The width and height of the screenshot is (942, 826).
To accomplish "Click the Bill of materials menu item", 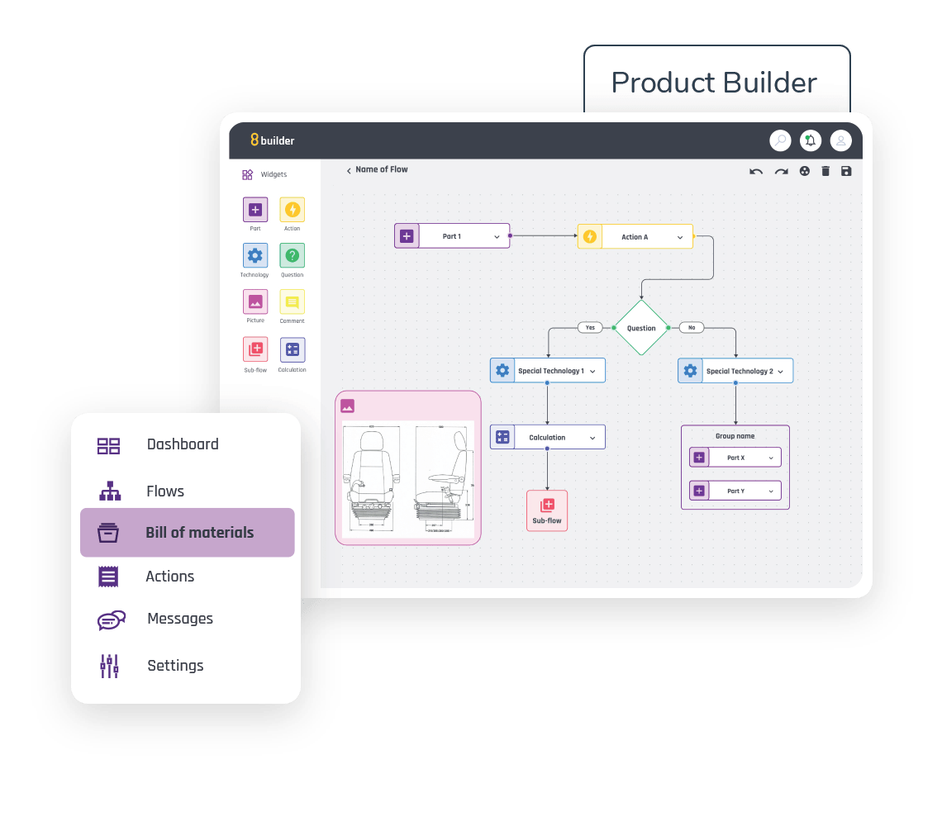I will pyautogui.click(x=188, y=533).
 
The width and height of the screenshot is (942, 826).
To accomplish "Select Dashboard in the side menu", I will pyautogui.click(x=182, y=444).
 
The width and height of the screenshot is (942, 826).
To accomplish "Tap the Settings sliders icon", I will pyautogui.click(x=109, y=666).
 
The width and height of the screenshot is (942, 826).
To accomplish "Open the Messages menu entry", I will pyautogui.click(x=179, y=619).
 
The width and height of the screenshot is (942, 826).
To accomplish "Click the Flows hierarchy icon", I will pyautogui.click(x=110, y=491).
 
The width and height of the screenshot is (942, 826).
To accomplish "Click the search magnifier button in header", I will pyautogui.click(x=780, y=140).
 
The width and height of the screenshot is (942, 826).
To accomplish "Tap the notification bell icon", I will pyautogui.click(x=810, y=140).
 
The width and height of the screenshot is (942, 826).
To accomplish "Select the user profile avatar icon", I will pyautogui.click(x=840, y=140).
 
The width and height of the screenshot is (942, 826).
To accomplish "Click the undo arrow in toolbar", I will pyautogui.click(x=755, y=171).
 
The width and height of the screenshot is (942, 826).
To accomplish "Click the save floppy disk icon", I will pyautogui.click(x=845, y=171).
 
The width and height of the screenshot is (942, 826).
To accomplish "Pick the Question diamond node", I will pyautogui.click(x=640, y=328).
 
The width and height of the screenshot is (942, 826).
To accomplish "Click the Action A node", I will pyautogui.click(x=635, y=237).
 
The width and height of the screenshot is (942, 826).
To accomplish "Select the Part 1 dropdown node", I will pyautogui.click(x=452, y=236).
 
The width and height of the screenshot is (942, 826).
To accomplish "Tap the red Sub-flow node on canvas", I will pyautogui.click(x=547, y=510).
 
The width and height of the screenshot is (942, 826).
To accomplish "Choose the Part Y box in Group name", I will pyautogui.click(x=735, y=491).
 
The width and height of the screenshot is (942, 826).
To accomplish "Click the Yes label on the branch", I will pyautogui.click(x=590, y=328).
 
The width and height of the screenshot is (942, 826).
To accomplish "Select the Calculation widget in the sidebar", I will pyautogui.click(x=292, y=350).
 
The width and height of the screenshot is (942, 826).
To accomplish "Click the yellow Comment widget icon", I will pyautogui.click(x=292, y=302).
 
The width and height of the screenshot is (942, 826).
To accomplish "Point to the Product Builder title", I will pyautogui.click(x=714, y=83).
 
